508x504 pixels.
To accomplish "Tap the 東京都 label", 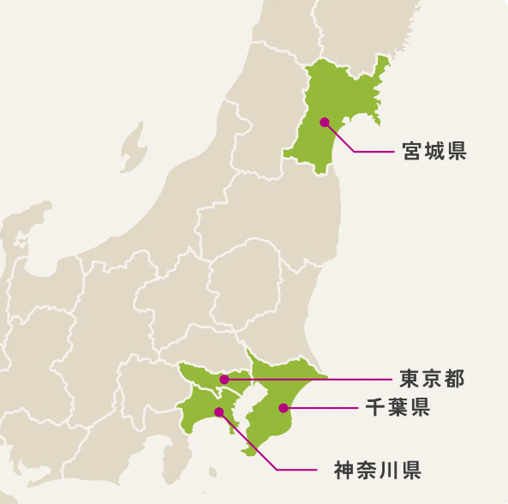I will tap(432, 379).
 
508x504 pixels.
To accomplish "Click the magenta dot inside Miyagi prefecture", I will tap(325, 122).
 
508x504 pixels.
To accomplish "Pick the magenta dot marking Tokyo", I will tap(224, 379).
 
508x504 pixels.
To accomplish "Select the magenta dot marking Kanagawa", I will tap(218, 411).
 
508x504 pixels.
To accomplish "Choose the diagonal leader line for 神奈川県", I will tap(248, 441).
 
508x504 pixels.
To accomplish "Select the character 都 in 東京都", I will tap(454, 379).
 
